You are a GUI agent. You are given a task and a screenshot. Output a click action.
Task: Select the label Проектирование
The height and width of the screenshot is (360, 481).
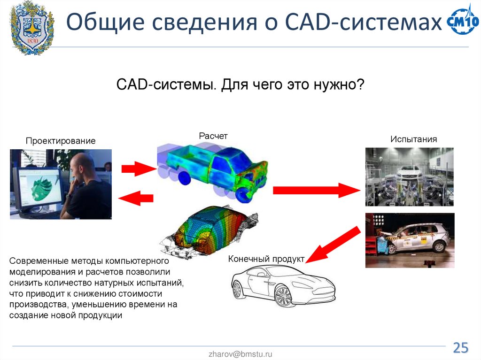coord(61,141)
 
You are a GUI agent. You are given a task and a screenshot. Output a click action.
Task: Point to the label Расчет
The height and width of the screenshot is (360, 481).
coord(213,136)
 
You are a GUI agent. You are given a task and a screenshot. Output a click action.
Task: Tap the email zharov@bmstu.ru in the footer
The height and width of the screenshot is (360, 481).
coord(240,354)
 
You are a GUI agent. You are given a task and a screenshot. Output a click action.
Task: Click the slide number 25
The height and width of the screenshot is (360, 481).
coord(460,348)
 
